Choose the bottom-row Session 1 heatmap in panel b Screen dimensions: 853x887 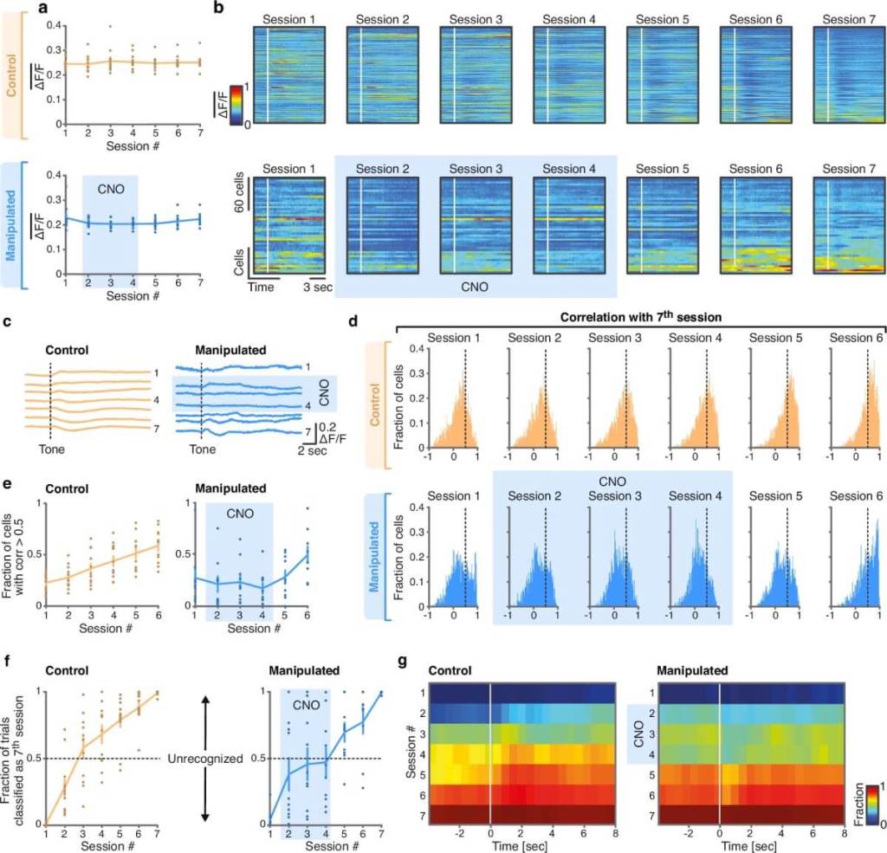point(288,225)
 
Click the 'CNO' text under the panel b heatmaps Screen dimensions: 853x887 point(473,283)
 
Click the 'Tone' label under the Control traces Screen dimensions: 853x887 point(49,449)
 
